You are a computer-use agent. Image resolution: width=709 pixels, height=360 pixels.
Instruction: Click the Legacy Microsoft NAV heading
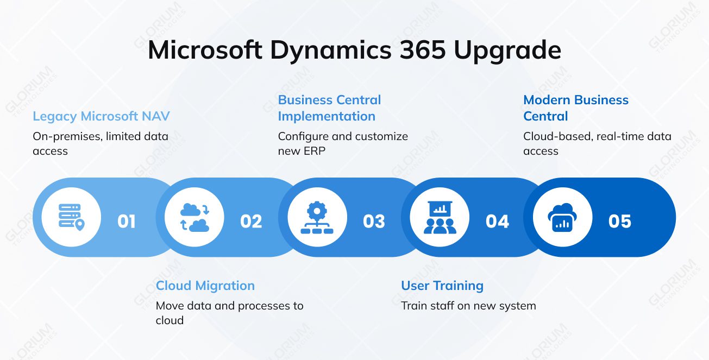click(101, 116)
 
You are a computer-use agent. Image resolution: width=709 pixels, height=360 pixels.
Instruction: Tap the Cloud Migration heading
click(205, 286)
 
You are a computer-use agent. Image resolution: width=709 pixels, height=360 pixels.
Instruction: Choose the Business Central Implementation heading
click(329, 108)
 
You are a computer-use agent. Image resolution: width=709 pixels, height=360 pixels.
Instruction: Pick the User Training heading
click(442, 286)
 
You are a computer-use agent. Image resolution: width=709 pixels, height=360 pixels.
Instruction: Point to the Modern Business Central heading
click(575, 108)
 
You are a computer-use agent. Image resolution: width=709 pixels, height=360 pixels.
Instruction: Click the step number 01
click(127, 222)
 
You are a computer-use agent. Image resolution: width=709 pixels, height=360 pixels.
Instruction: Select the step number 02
click(251, 222)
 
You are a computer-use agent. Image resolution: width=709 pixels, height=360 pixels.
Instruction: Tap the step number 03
click(374, 222)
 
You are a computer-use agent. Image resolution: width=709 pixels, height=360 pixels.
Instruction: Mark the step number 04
click(497, 222)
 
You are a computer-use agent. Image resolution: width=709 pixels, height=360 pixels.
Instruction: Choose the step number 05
click(620, 222)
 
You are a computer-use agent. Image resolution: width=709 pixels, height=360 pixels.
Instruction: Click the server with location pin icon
click(71, 217)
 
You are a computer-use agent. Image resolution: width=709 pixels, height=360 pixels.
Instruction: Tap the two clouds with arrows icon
click(194, 217)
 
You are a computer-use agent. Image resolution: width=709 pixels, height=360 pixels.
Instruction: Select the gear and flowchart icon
click(317, 217)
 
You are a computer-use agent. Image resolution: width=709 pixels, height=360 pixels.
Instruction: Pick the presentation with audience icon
click(440, 217)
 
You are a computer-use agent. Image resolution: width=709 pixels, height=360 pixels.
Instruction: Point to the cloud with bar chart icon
click(562, 217)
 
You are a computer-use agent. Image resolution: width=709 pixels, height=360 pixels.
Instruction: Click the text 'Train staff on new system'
click(468, 306)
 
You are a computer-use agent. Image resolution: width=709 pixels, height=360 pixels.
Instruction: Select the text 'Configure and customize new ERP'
click(342, 143)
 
